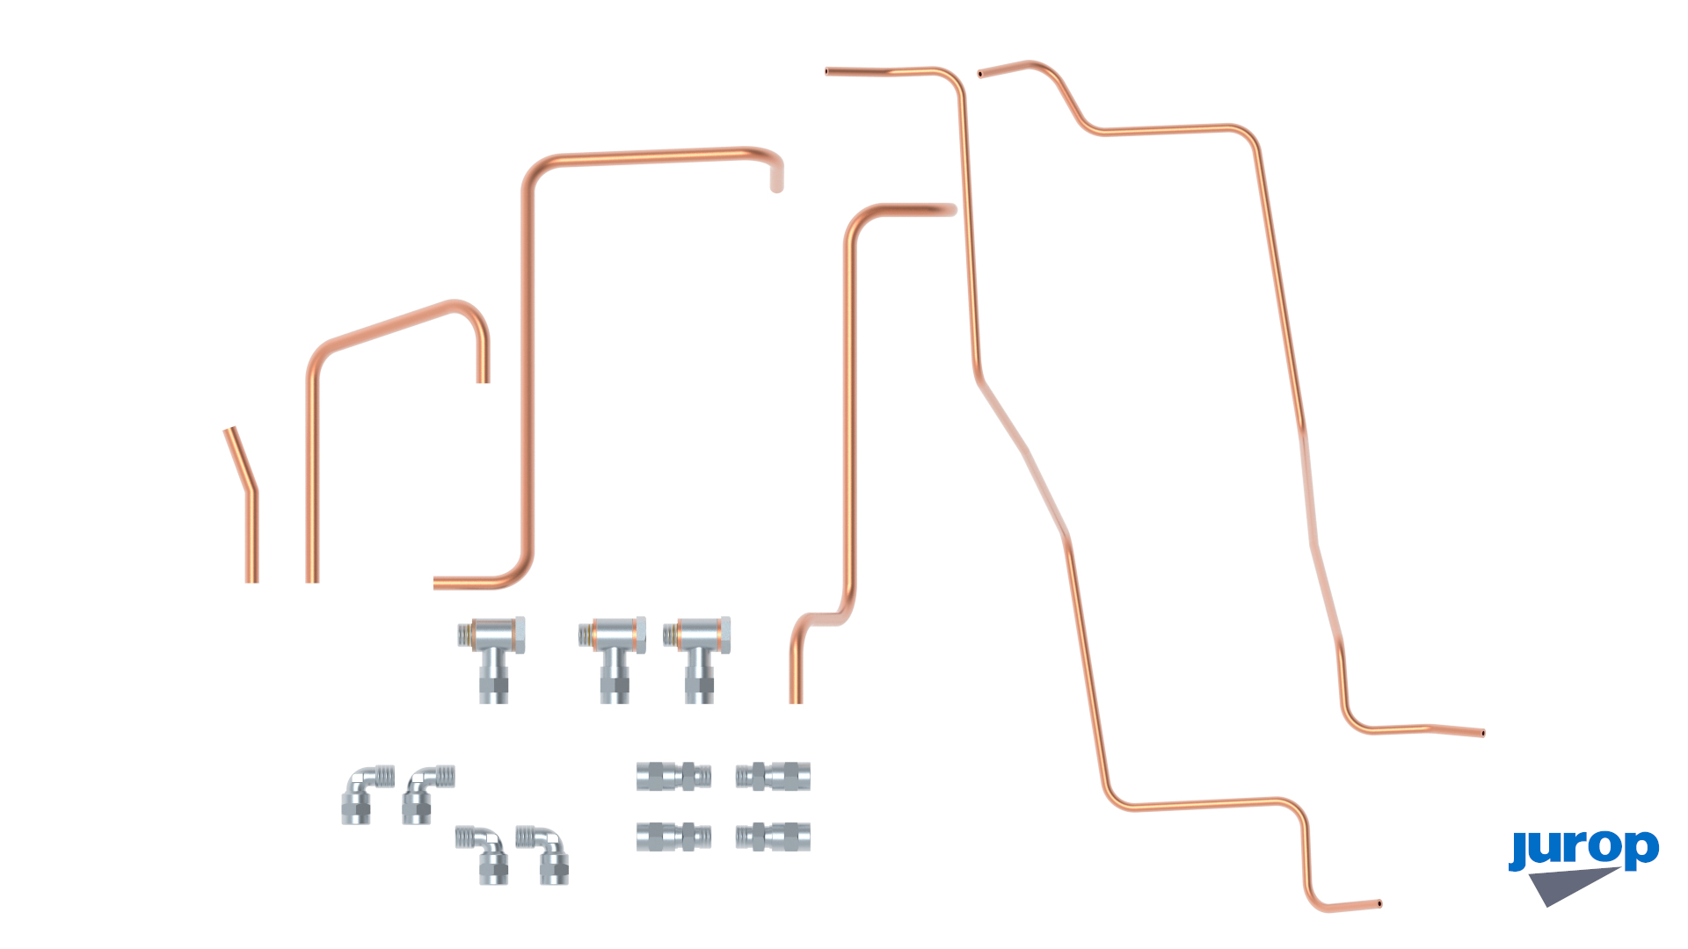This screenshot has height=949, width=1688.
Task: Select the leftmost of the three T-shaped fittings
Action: click(492, 659)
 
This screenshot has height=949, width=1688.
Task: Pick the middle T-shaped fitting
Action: click(613, 659)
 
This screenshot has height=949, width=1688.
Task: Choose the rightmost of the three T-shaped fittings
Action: click(697, 659)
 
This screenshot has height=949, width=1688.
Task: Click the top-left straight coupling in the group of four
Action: click(673, 776)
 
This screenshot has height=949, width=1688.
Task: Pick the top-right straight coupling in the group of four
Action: click(773, 776)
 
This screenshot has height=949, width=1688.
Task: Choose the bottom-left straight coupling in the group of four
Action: click(673, 837)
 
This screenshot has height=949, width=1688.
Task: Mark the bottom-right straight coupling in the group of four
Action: click(773, 837)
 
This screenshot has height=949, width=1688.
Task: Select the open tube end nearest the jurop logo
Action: click(1482, 733)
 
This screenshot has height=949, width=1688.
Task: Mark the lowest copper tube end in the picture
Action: click(1379, 903)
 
